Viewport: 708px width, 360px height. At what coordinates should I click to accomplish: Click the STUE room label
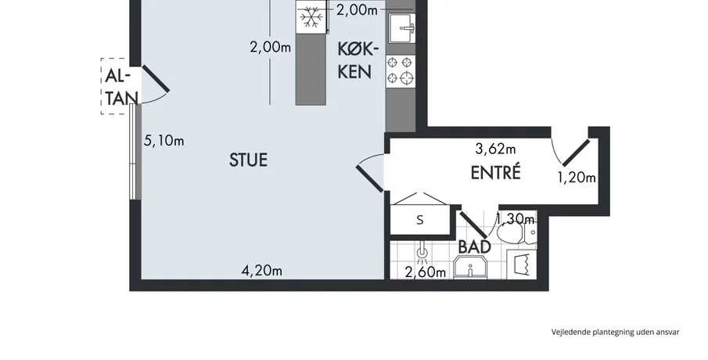248,160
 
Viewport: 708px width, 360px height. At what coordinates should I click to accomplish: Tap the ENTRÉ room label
496,172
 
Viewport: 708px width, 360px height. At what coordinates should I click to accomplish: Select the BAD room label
475,247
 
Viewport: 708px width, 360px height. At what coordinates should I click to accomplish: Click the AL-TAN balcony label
120,87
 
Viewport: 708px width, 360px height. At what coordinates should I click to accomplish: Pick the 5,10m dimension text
164,140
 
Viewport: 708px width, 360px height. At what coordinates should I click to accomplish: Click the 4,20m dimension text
262,270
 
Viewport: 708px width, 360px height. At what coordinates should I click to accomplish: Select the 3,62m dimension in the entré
496,148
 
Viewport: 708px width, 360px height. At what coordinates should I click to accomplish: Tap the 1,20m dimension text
577,178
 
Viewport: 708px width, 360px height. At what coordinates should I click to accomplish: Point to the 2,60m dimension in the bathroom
426,272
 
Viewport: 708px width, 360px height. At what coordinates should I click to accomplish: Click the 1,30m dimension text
516,219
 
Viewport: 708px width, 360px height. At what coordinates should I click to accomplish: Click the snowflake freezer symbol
311,17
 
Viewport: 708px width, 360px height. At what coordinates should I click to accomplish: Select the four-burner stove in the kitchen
401,70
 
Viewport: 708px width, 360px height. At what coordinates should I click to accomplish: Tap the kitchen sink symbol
401,27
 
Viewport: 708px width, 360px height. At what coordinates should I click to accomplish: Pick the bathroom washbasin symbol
469,268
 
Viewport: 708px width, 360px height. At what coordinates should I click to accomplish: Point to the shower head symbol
422,255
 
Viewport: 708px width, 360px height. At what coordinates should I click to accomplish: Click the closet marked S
420,220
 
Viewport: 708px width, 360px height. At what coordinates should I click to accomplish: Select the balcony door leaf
156,79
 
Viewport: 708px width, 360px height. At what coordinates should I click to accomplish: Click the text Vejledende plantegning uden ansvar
615,332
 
